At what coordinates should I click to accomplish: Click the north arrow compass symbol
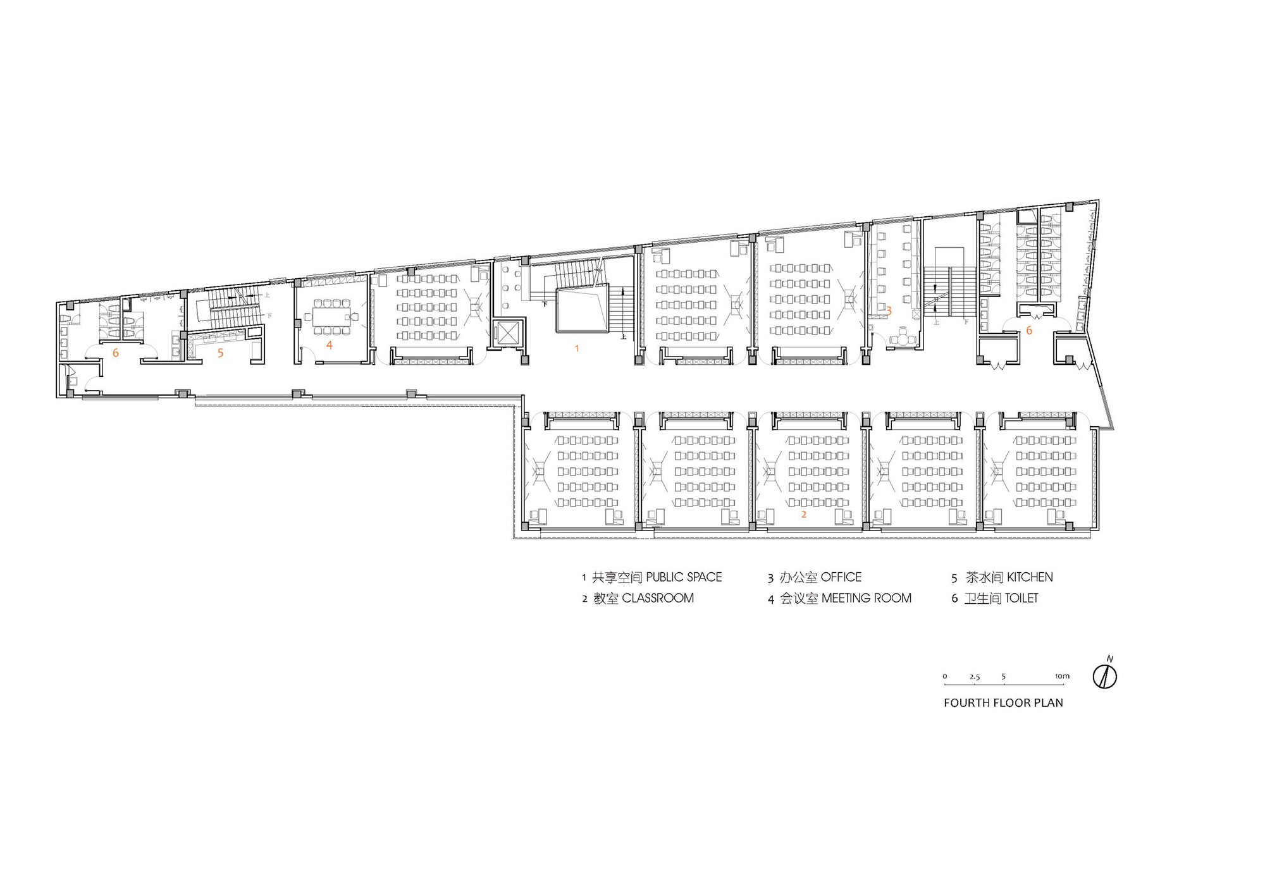click(x=1104, y=677)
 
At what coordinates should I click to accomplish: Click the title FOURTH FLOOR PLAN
click(x=1003, y=702)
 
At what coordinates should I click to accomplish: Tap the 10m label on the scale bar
click(x=1062, y=676)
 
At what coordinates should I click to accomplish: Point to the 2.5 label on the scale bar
click(x=974, y=677)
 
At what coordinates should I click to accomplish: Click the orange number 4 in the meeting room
click(x=330, y=345)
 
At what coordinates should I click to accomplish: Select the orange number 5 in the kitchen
click(x=220, y=353)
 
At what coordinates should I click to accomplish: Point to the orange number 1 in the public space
click(x=576, y=348)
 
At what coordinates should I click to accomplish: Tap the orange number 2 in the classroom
click(x=804, y=515)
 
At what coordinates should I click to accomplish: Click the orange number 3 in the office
click(x=889, y=310)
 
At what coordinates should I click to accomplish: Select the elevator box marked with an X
click(x=508, y=333)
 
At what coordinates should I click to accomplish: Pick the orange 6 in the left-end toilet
click(x=115, y=353)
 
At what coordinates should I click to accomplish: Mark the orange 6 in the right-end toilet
click(x=1029, y=330)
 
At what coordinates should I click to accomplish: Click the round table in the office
click(x=903, y=340)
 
